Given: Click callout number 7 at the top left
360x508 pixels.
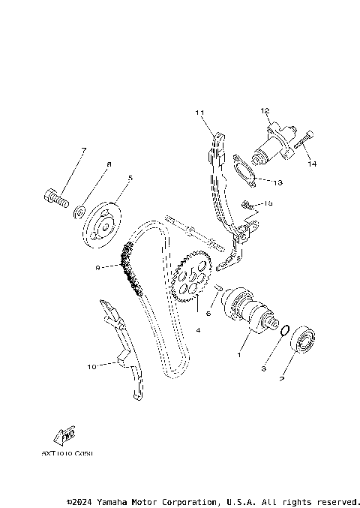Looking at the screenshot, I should pyautogui.click(x=83, y=150).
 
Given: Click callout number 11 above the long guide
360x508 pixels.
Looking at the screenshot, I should pyautogui.click(x=199, y=113).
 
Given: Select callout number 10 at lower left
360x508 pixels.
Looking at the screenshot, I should pyautogui.click(x=91, y=367).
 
